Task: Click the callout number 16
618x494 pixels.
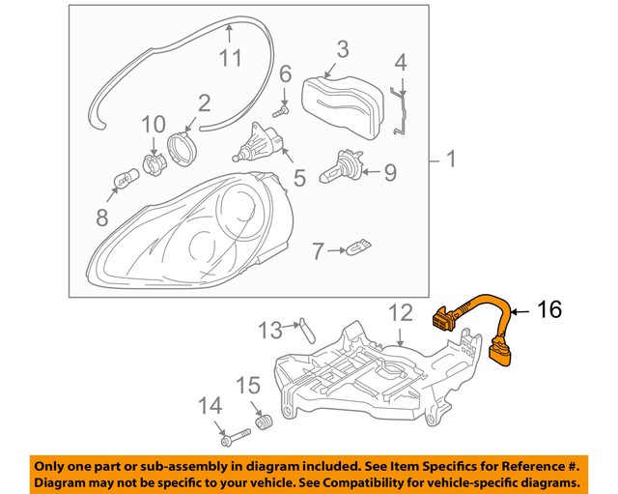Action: coord(548,310)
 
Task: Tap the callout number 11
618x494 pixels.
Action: coord(229,58)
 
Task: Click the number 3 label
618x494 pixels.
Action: coord(343,48)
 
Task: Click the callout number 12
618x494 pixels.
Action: coord(400,312)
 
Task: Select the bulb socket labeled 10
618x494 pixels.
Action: coord(153,161)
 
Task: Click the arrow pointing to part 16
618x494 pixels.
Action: coord(519,310)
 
